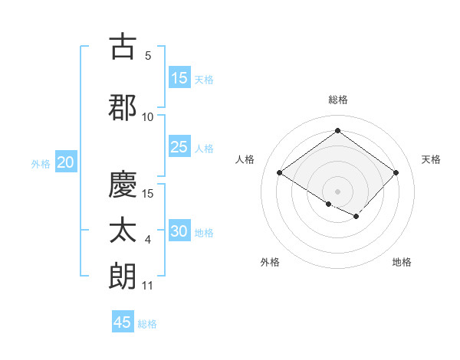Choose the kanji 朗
click(x=123, y=276)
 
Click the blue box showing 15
click(x=179, y=78)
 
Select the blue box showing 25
click(x=179, y=148)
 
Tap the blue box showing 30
click(x=179, y=232)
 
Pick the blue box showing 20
click(x=66, y=162)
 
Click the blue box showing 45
click(x=123, y=322)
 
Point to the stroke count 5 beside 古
click(x=148, y=56)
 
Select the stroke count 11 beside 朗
click(x=148, y=286)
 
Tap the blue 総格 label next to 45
click(x=147, y=324)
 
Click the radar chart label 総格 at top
click(x=337, y=100)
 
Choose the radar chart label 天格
click(x=431, y=159)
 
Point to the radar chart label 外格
click(x=270, y=262)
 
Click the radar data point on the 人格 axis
click(x=280, y=173)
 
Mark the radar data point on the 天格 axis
click(x=396, y=173)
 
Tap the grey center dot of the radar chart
click(x=337, y=191)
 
